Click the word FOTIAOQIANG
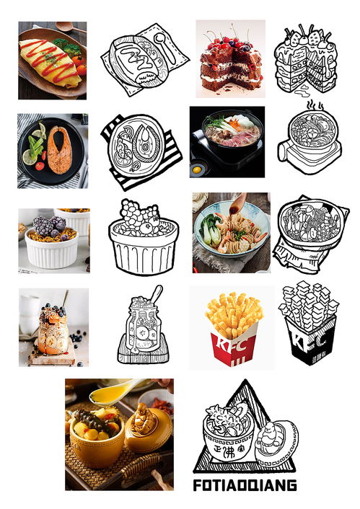coord(245,485)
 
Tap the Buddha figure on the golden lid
coord(146,416)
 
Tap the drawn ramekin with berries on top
coord(144,238)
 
